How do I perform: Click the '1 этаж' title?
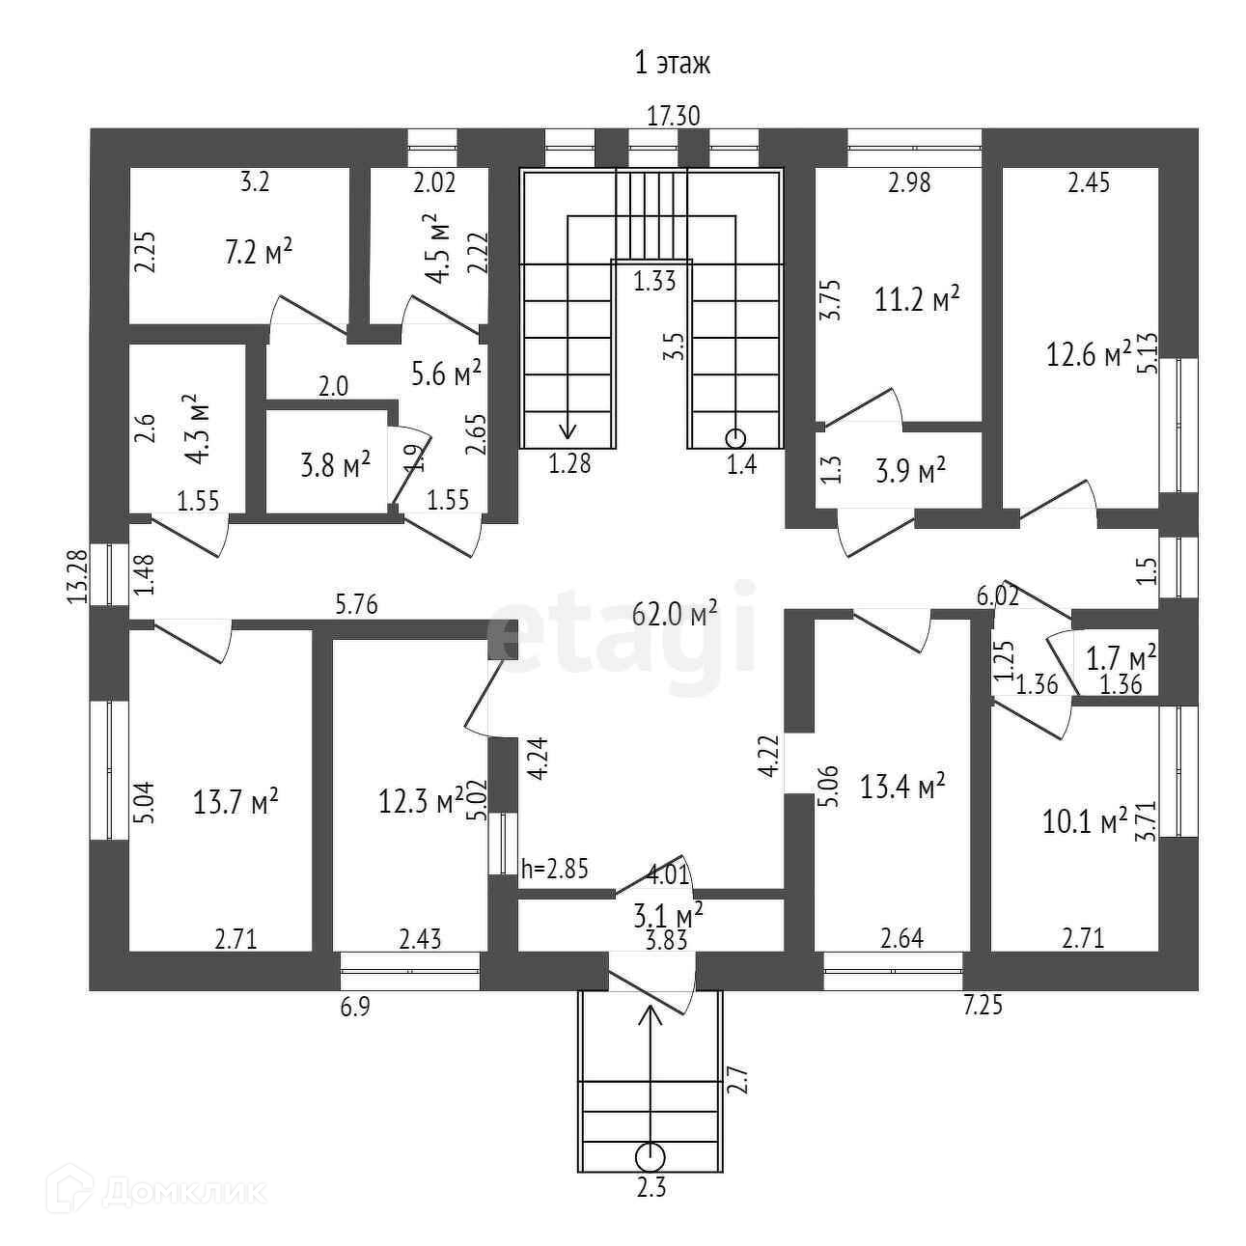(672, 65)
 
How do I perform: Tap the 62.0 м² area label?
(675, 613)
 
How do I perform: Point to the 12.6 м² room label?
(1089, 355)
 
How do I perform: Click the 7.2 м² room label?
(259, 254)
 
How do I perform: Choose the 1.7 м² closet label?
(1121, 660)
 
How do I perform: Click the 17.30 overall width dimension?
(673, 117)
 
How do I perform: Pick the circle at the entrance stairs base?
(651, 1154)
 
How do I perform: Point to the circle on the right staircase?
(735, 435)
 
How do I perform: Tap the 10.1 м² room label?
(1086, 822)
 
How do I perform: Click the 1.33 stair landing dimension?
(654, 282)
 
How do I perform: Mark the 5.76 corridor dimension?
(356, 606)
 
